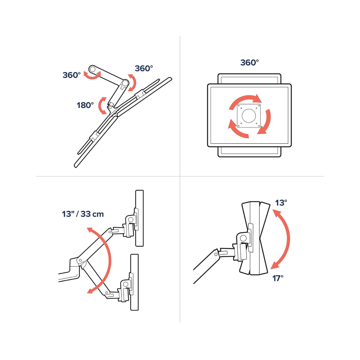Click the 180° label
pyautogui.click(x=85, y=105)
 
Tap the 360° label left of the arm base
pyautogui.click(x=72, y=75)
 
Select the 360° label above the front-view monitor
pyautogui.click(x=249, y=63)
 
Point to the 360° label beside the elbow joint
pyautogui.click(x=144, y=68)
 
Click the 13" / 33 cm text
pyautogui.click(x=83, y=214)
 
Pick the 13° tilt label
pyautogui.click(x=281, y=203)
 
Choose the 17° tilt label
pyautogui.click(x=278, y=278)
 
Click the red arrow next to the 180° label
pyautogui.click(x=102, y=106)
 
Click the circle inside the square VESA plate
pyautogui.click(x=249, y=116)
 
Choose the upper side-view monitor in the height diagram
pyautogui.click(x=139, y=218)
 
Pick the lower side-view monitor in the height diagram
pyautogui.click(x=134, y=282)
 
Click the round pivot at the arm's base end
pyautogui.click(x=92, y=69)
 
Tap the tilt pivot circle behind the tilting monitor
pyautogui.click(x=243, y=238)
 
